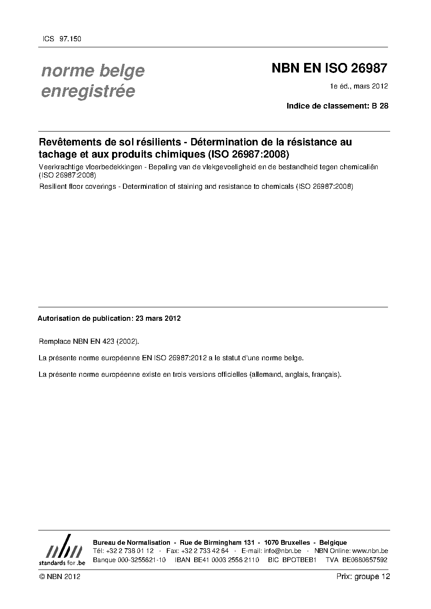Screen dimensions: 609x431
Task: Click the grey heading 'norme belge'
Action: click(x=93, y=70)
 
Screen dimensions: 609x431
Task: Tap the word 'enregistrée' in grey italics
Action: click(x=88, y=91)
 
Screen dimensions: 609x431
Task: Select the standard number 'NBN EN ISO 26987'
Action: click(x=329, y=69)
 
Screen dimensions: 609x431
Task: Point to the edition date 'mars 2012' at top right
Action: click(x=371, y=86)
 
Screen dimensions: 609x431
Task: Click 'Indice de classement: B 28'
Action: click(x=337, y=105)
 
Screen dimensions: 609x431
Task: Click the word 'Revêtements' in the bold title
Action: click(x=70, y=142)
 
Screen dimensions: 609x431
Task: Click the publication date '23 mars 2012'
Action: click(x=158, y=318)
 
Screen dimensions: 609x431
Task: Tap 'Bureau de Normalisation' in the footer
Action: click(x=132, y=543)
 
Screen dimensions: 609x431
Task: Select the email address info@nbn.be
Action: click(x=282, y=551)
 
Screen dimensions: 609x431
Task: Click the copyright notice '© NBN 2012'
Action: click(x=60, y=576)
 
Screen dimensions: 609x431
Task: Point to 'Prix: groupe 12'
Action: click(x=363, y=576)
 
